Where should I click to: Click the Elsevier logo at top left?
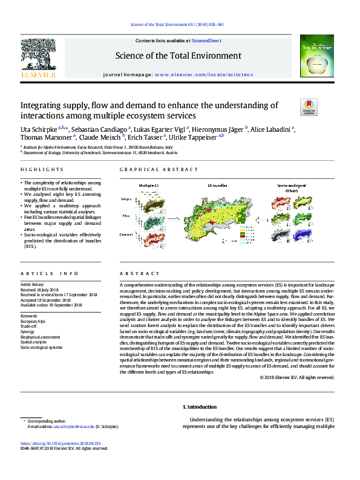pos(38,59)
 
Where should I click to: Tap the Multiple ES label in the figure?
pos(149,184)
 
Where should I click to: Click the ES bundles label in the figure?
pos(217,184)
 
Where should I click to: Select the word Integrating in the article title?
pos(41,105)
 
